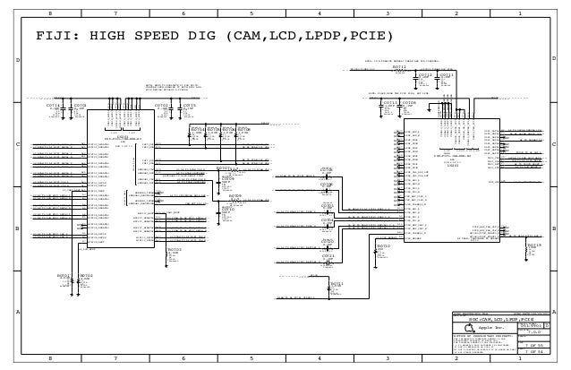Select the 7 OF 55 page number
[x=534, y=345]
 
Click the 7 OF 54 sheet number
[x=534, y=353]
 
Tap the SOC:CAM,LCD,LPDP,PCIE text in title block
[x=501, y=318]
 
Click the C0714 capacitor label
[x=52, y=106]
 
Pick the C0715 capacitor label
[x=189, y=105]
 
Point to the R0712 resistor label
[x=399, y=66]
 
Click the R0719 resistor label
[x=534, y=243]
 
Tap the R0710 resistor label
[x=383, y=244]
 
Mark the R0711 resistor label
[x=336, y=283]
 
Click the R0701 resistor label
[x=64, y=275]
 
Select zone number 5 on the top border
[x=251, y=14]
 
